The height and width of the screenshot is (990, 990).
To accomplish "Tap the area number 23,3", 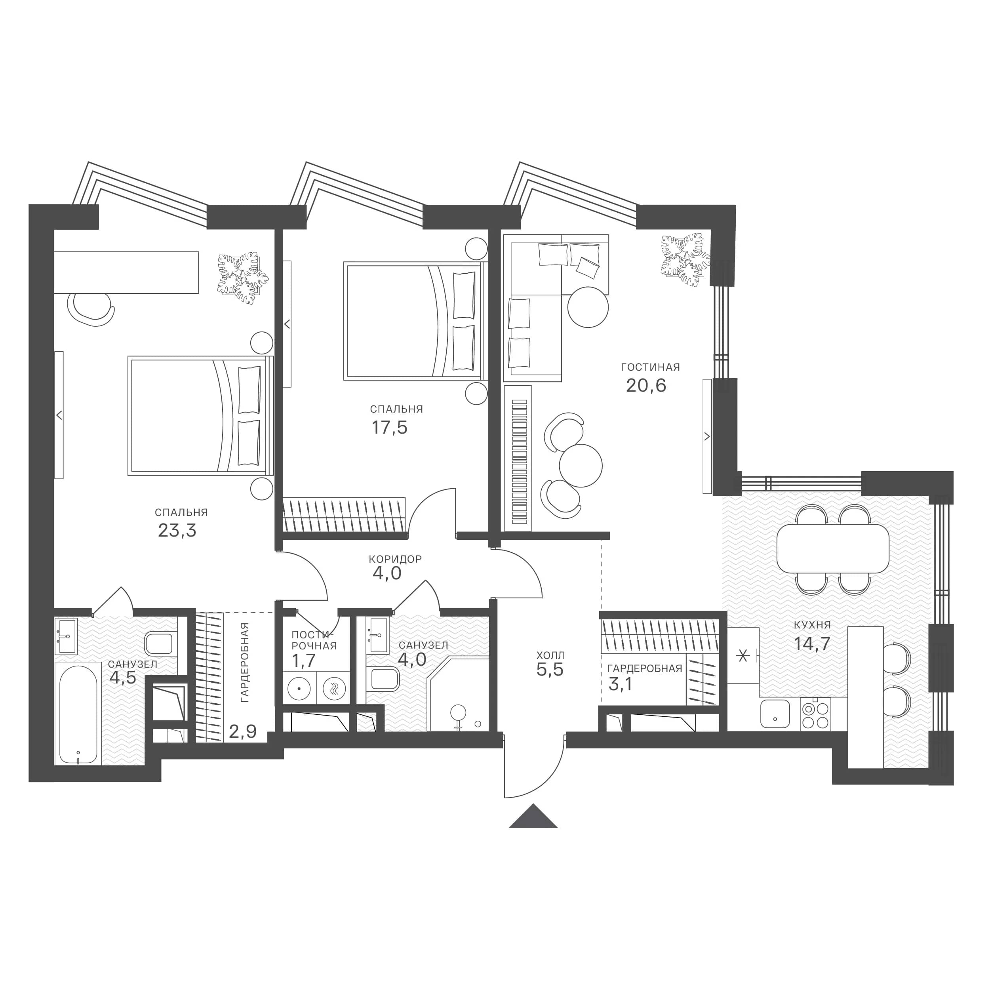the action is tap(177, 530).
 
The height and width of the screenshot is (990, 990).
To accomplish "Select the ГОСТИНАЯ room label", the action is tap(650, 367).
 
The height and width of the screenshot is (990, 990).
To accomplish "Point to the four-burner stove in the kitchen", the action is tap(815, 715).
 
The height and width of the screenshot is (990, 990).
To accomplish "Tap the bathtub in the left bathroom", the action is tap(78, 715).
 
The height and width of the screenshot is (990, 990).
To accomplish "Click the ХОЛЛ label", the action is tap(550, 655).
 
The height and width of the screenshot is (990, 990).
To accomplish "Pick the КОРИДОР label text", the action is tap(395, 559).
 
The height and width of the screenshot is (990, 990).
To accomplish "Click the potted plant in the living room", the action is tap(685, 260).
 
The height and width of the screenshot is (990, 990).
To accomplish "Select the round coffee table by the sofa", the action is tap(588, 307).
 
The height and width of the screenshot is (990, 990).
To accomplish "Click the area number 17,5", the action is tap(389, 427).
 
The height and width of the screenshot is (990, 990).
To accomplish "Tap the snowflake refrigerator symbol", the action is tap(742, 655).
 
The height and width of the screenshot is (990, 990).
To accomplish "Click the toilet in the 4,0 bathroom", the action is tap(384, 679).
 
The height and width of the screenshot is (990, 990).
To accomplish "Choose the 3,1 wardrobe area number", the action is tap(620, 684).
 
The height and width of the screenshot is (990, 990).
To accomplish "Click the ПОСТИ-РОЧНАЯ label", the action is tap(314, 640).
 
